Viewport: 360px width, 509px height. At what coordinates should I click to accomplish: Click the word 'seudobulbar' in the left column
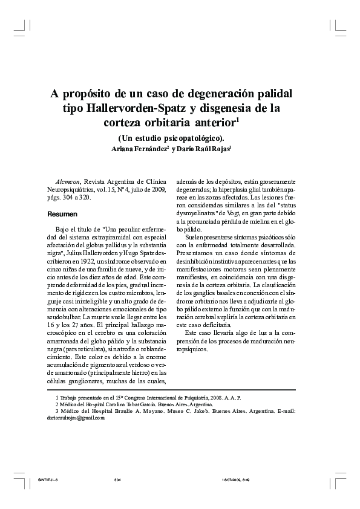tap(64, 317)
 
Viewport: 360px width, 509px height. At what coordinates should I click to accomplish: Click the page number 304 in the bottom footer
tap(117, 479)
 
